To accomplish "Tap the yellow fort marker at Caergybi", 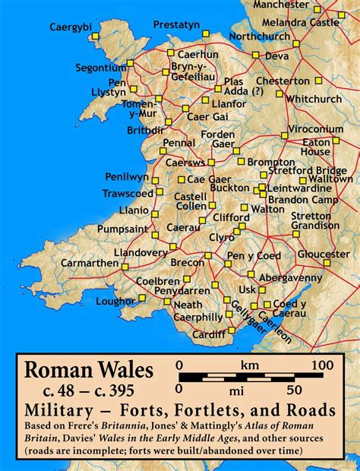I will click(x=95, y=36).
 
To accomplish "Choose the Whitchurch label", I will click(x=315, y=99).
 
